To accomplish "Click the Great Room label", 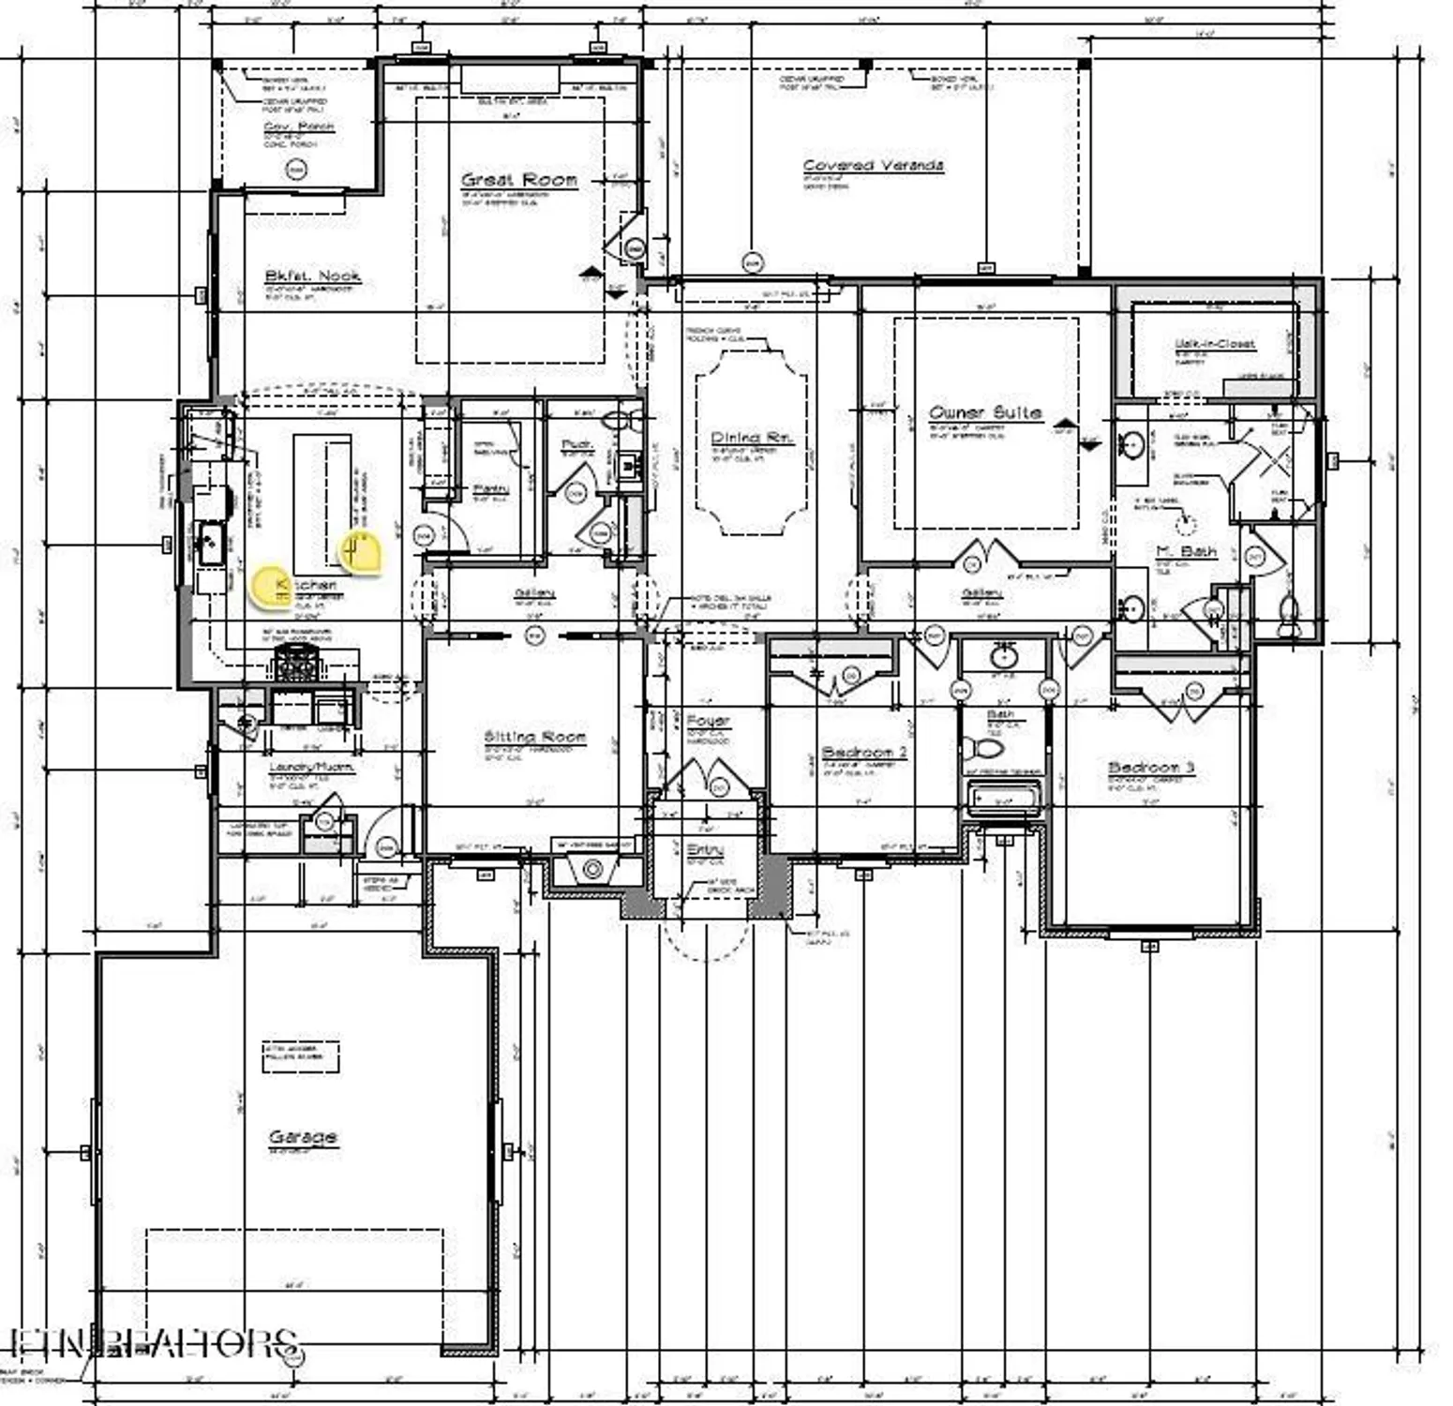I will click(518, 179).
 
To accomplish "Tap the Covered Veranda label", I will click(873, 166).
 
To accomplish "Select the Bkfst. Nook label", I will click(312, 276).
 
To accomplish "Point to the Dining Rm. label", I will click(752, 438).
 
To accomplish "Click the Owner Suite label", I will click(984, 412).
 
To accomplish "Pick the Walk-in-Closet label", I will click(1214, 344).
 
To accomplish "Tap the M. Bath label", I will click(1186, 551).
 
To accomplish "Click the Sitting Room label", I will click(534, 737).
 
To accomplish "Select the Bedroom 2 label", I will click(863, 753).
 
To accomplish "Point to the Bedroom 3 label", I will click(1151, 768).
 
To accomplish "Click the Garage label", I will click(302, 1137).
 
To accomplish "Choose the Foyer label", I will click(708, 721).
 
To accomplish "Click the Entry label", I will click(705, 849).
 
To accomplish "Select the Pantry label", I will click(490, 489).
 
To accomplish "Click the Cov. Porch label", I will click(298, 126).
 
